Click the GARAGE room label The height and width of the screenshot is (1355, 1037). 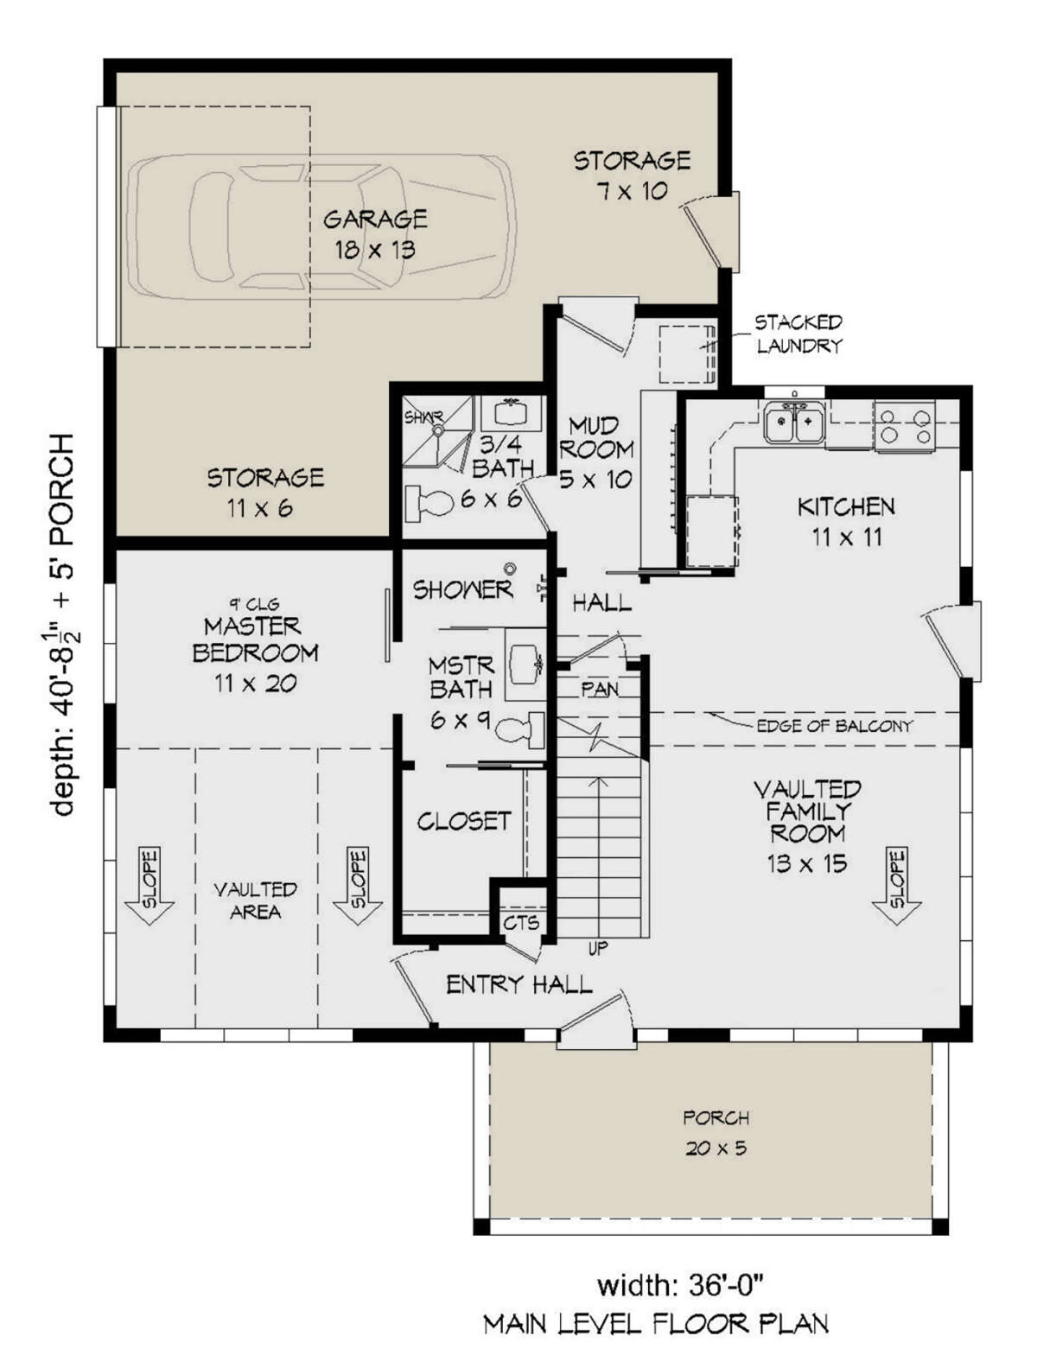(375, 234)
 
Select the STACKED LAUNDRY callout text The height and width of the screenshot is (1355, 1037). (798, 334)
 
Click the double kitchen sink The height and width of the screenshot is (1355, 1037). (794, 423)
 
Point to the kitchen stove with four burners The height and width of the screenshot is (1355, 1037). (905, 426)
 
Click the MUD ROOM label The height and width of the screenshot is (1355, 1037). (596, 453)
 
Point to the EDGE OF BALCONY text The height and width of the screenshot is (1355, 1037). (835, 726)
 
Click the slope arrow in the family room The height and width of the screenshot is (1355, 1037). (896, 887)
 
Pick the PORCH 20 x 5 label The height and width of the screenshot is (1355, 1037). (716, 1134)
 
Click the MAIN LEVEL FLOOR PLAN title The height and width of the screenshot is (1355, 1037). (656, 1324)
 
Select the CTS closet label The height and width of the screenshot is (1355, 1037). (522, 924)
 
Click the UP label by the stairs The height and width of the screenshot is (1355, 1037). (597, 948)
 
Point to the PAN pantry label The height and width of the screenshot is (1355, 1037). (600, 690)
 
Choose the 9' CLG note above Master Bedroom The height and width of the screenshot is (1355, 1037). (254, 604)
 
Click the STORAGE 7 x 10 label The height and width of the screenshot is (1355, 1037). (632, 175)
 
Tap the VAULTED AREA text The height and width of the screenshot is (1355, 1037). (256, 900)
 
